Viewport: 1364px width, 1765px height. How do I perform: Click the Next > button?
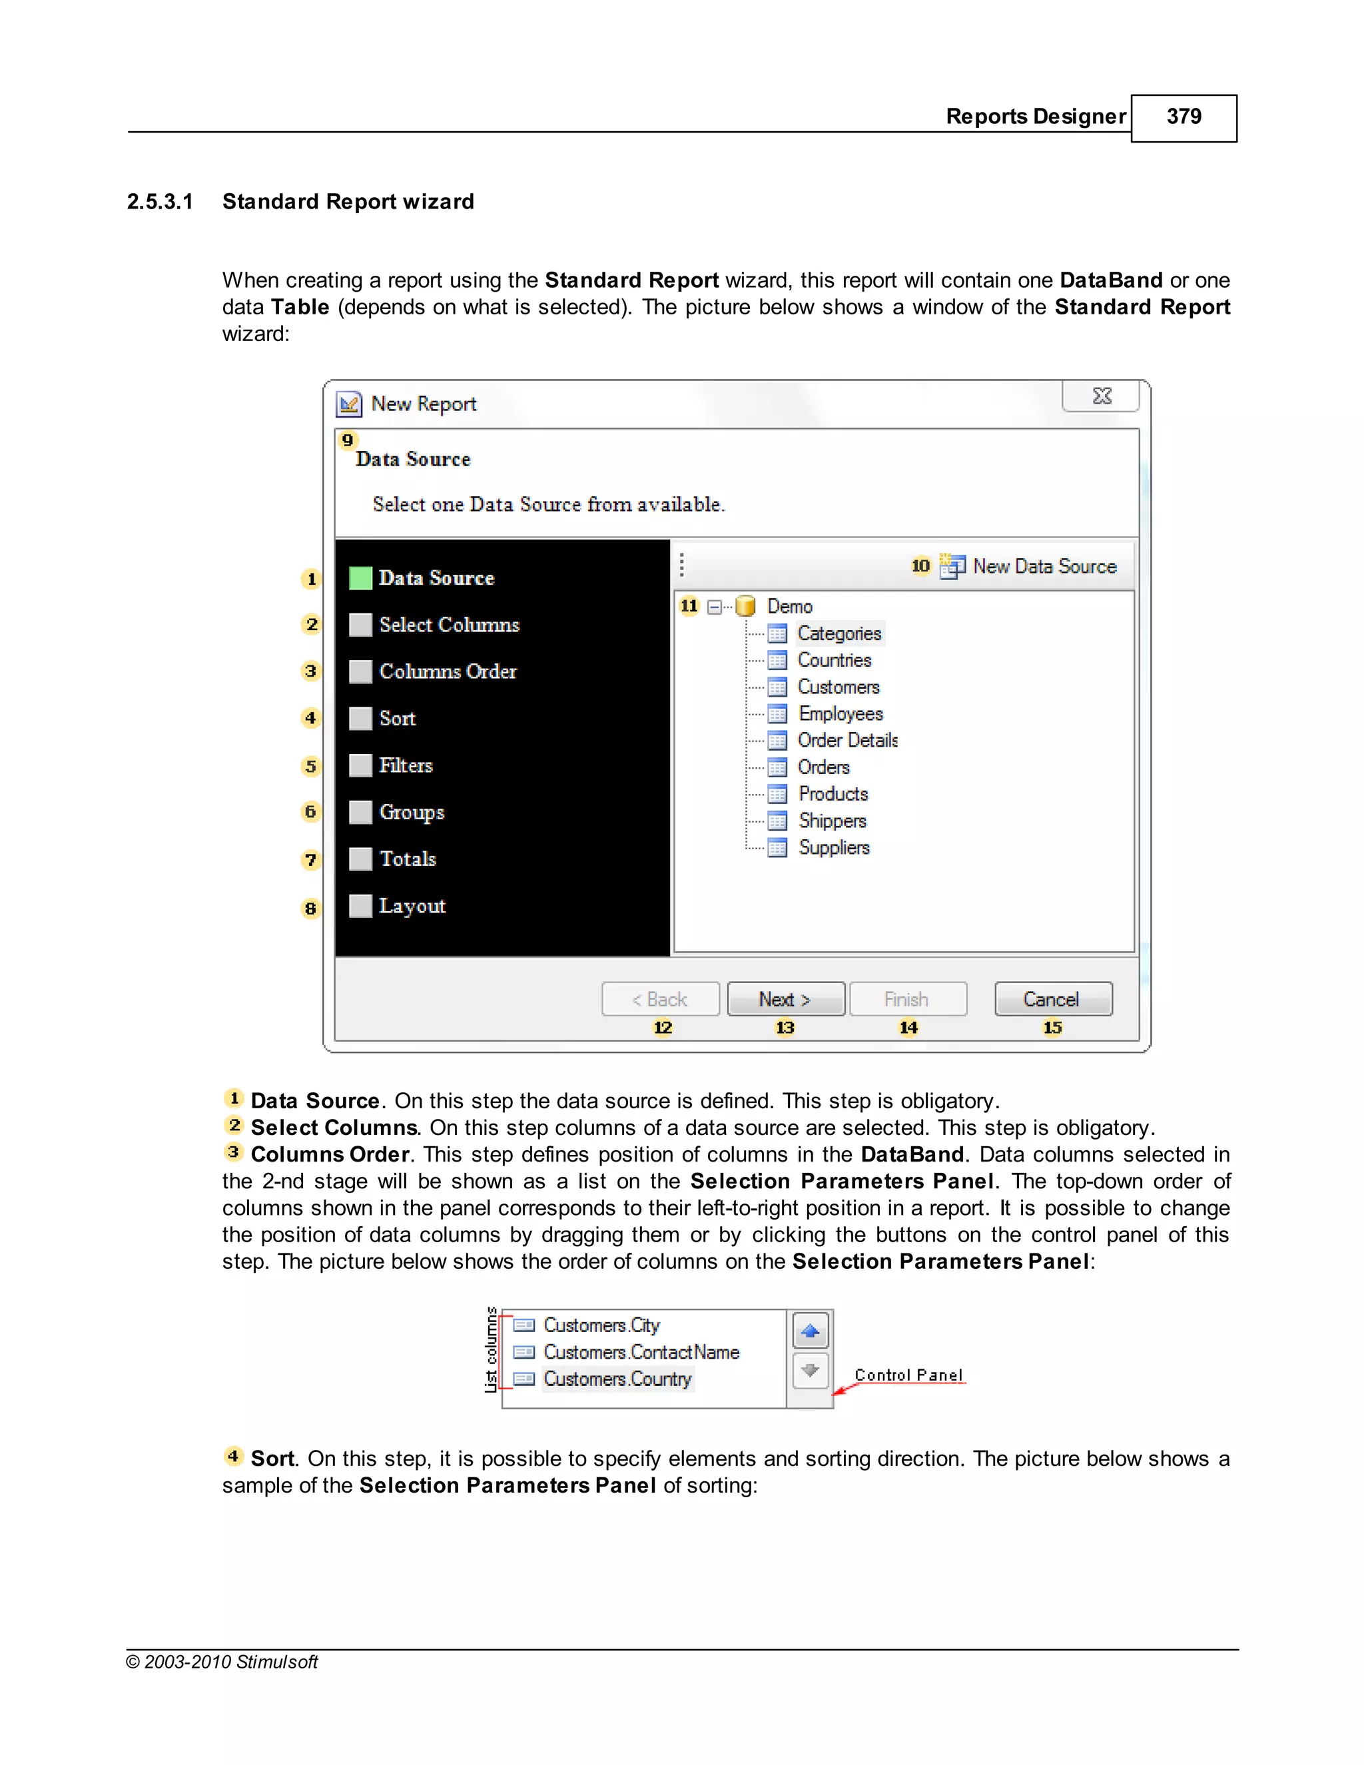(x=785, y=999)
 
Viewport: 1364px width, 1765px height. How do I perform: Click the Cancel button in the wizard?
(x=1053, y=999)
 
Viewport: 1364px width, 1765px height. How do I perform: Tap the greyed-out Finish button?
(x=908, y=999)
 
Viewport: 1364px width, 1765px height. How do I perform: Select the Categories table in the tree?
(x=839, y=633)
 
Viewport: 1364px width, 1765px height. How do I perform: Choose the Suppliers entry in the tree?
(x=834, y=848)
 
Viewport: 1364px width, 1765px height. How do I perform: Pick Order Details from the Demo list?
(x=848, y=740)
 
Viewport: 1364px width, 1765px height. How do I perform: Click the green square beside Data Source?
(x=360, y=578)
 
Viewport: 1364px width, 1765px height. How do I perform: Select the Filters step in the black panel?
(x=406, y=765)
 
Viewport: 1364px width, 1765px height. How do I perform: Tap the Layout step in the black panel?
(x=412, y=906)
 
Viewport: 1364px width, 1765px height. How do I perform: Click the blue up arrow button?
(x=811, y=1331)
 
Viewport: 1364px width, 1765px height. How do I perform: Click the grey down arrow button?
(x=811, y=1371)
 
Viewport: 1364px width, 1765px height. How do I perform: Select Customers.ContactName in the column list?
(x=641, y=1352)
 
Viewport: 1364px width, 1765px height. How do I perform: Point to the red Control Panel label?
(x=908, y=1375)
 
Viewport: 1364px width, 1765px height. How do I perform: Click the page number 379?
(x=1183, y=117)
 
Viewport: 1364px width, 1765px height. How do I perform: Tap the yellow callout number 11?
(x=689, y=606)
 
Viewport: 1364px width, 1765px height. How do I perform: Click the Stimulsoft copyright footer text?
(x=222, y=1662)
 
